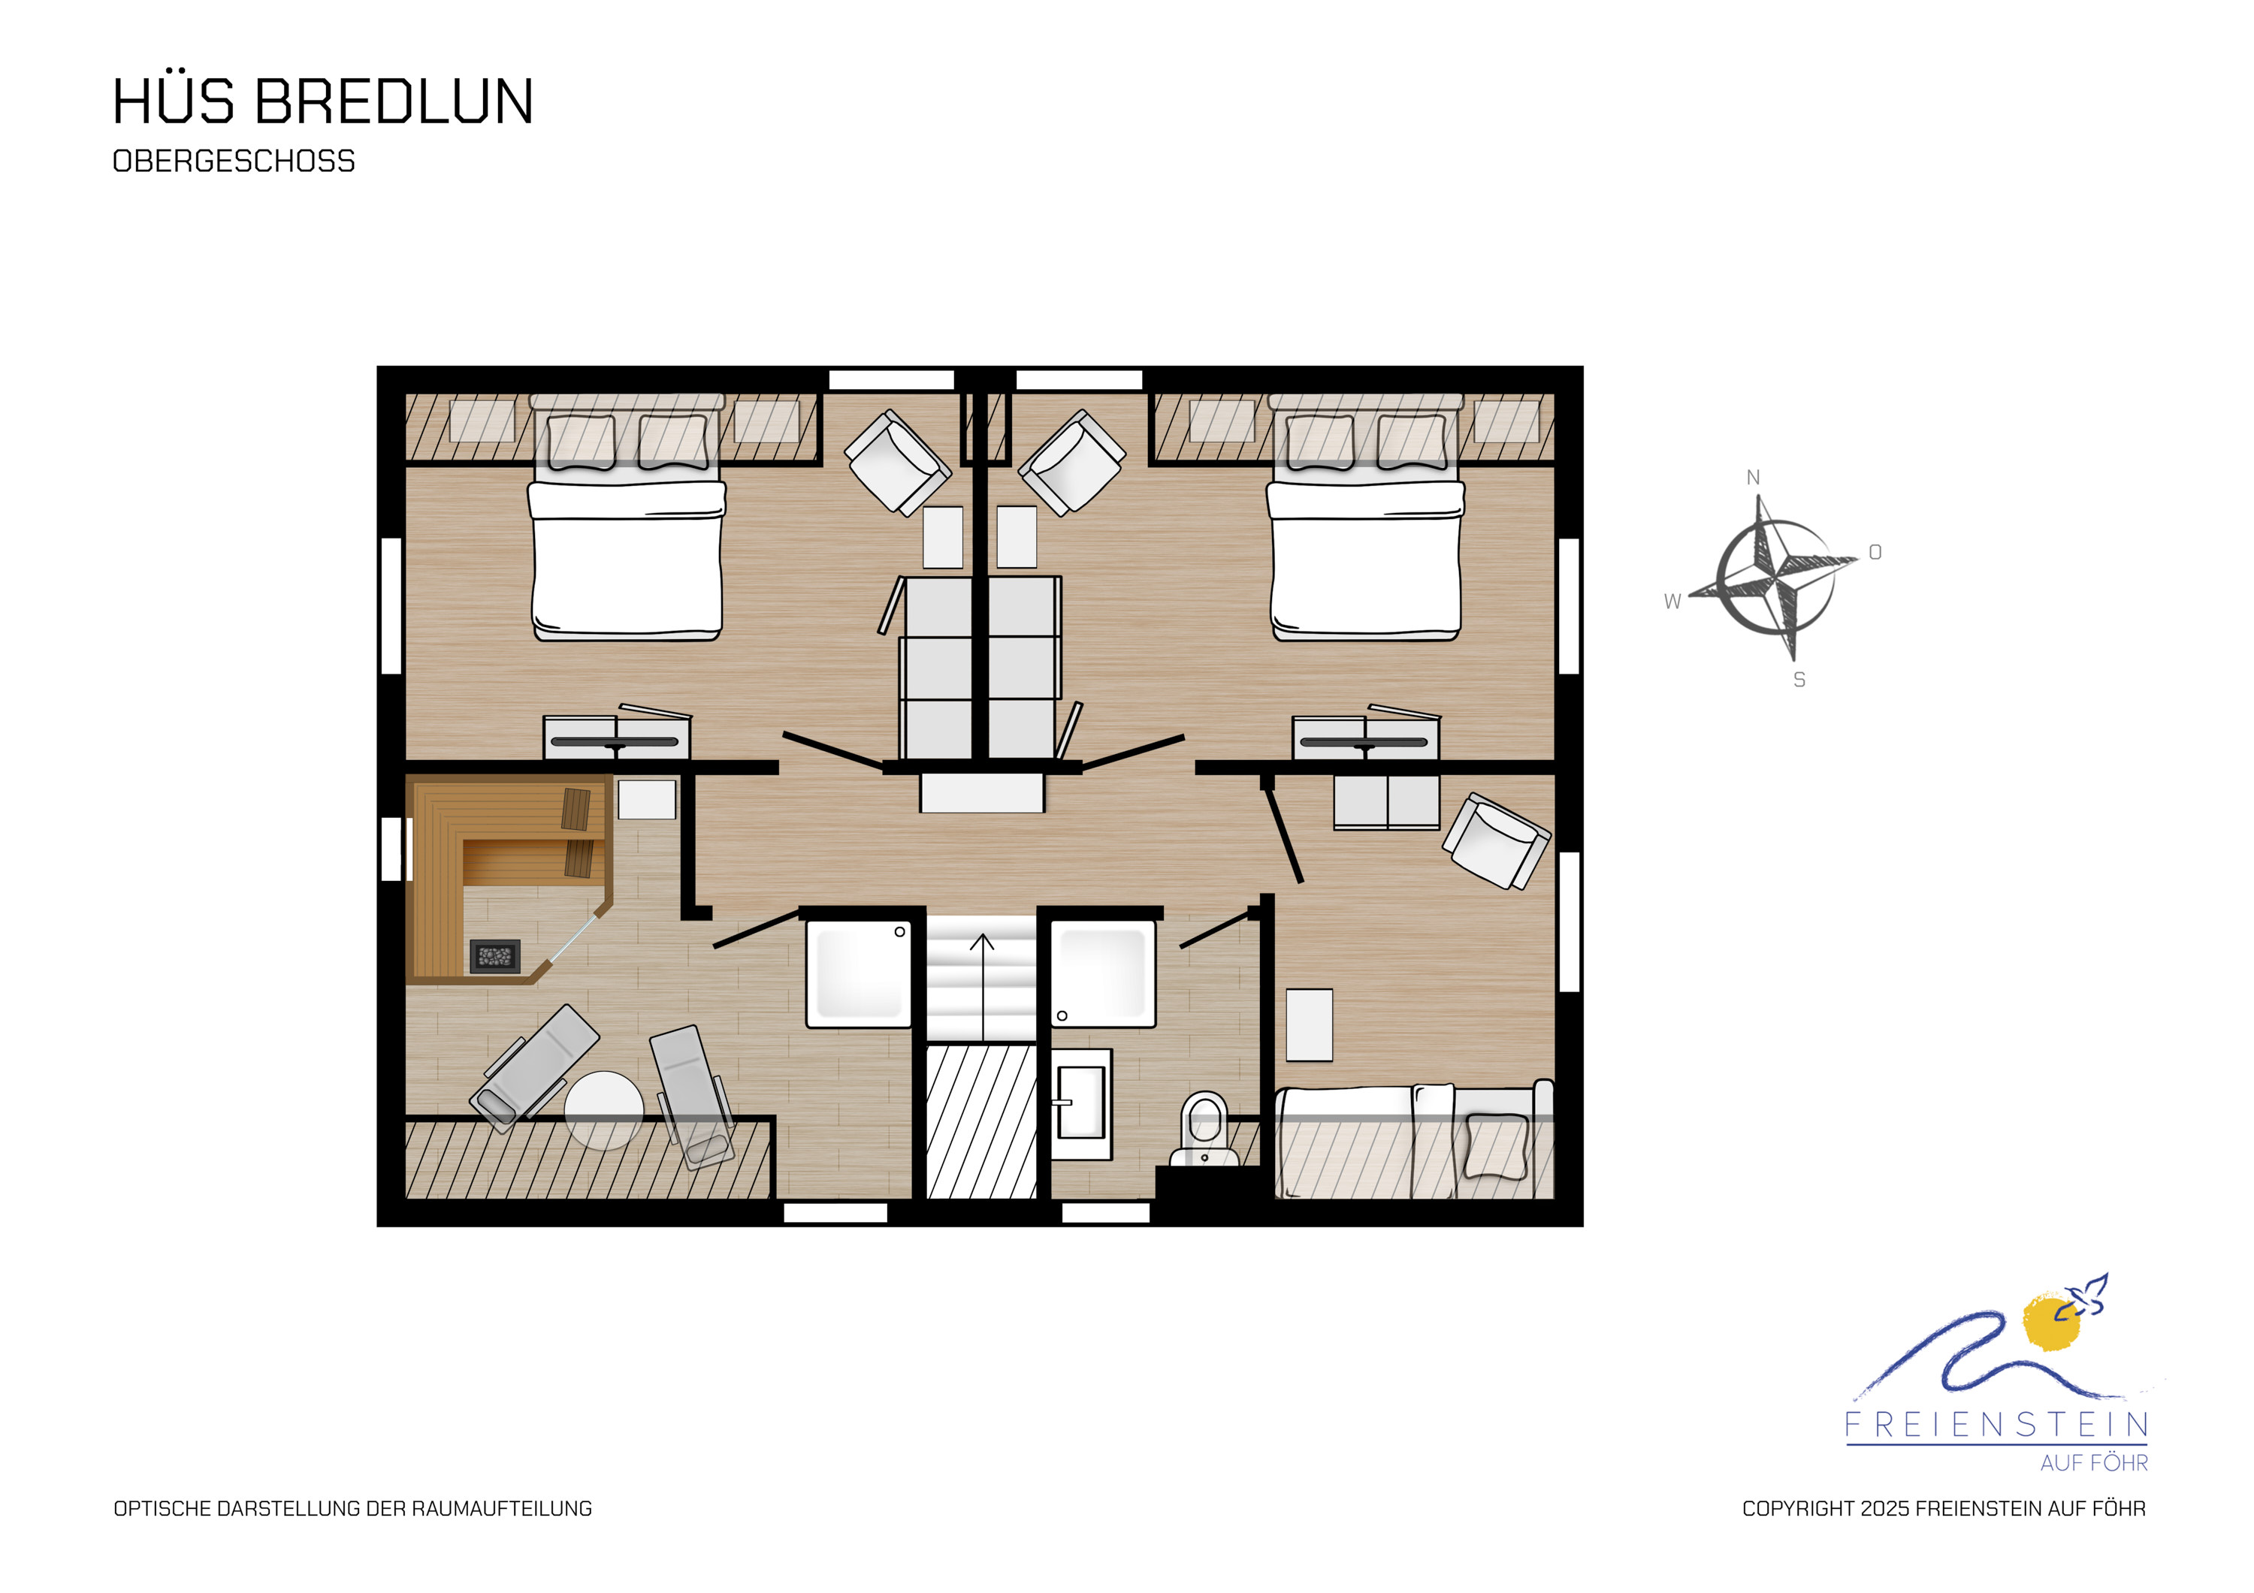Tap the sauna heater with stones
tap(495, 956)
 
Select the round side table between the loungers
tap(604, 1110)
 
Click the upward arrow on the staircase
tap(982, 986)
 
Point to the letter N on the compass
tap(1752, 478)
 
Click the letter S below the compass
tap(1799, 679)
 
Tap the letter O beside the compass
tap(1875, 553)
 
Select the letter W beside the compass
tap(1672, 602)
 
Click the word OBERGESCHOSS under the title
tap(234, 161)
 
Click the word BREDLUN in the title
tap(394, 101)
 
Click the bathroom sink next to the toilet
tap(1081, 1103)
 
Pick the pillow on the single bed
tap(1495, 1145)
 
